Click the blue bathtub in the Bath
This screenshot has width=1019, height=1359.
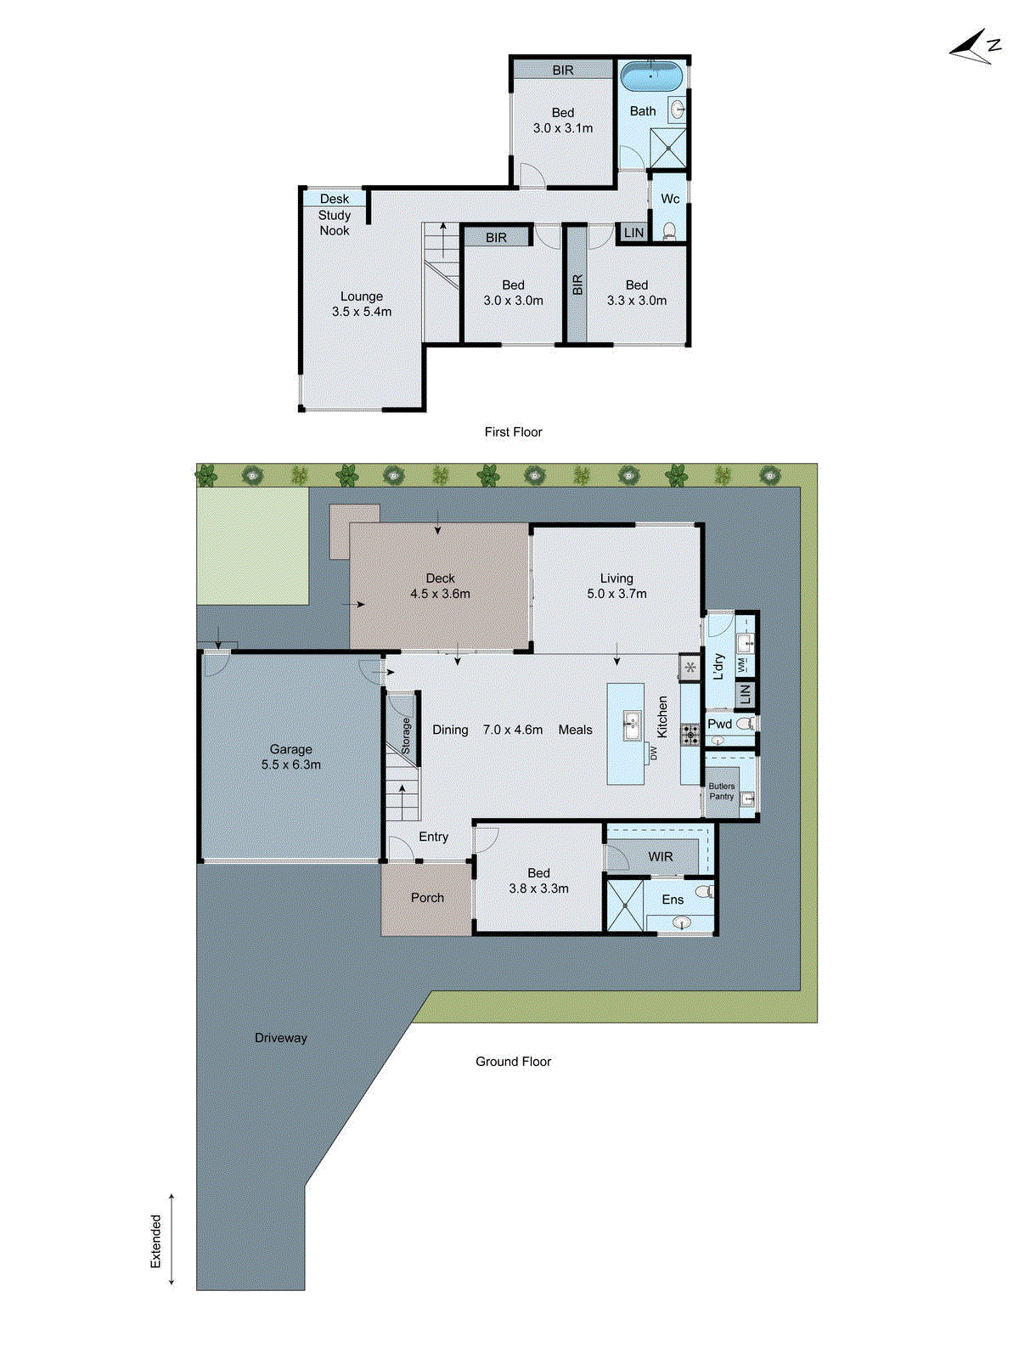coord(650,76)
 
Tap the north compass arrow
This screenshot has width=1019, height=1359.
coord(975,48)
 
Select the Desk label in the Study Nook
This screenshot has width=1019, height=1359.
coord(334,199)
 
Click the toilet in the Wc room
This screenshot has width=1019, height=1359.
coord(669,230)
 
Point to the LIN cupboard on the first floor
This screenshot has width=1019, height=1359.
coord(633,233)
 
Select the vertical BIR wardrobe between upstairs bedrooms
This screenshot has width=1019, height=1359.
coord(577,285)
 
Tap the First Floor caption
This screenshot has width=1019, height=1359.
coord(513,431)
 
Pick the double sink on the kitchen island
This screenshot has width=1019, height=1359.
coord(631,726)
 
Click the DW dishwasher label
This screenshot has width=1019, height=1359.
coord(654,753)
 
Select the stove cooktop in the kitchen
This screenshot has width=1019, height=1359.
coord(690,733)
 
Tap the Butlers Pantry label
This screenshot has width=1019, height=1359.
coord(722,792)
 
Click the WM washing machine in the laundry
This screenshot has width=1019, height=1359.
coord(741,665)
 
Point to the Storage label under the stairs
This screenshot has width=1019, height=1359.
coord(406,736)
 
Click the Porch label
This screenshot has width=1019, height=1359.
coord(427,898)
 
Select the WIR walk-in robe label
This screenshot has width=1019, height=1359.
coord(660,856)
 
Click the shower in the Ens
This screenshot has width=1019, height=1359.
coord(624,905)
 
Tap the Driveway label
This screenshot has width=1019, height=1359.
coord(280,1038)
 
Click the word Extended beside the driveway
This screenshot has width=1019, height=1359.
coord(155,1241)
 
